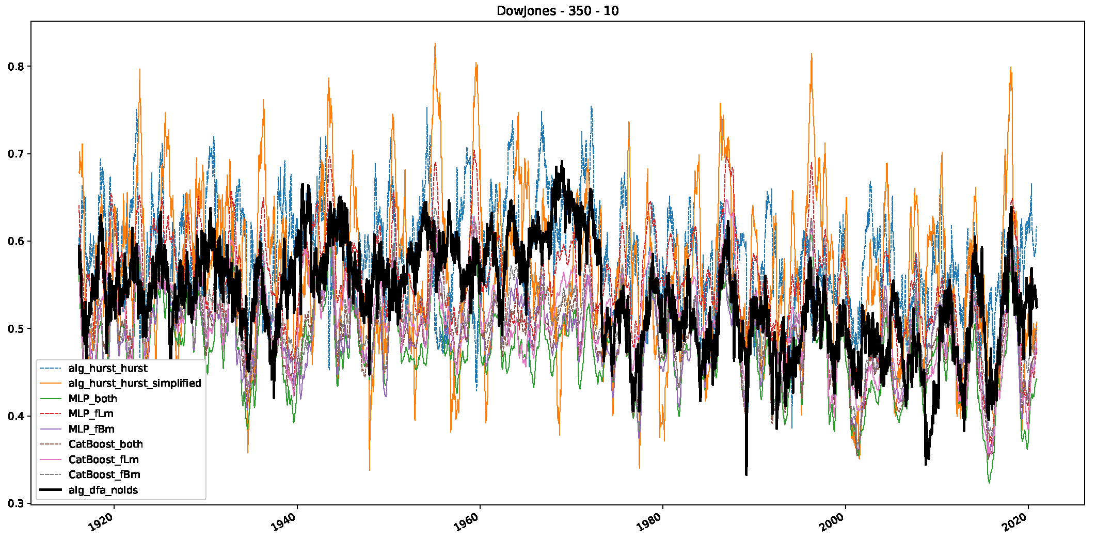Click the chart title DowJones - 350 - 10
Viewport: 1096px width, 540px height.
(558, 11)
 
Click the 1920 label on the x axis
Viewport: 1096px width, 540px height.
(102, 522)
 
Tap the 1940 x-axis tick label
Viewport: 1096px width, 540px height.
(284, 522)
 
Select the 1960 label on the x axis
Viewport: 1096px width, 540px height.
(467, 522)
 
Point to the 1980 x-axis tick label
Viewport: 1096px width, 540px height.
(650, 522)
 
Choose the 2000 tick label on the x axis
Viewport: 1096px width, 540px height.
(833, 522)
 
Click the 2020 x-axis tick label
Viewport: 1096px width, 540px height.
(1016, 522)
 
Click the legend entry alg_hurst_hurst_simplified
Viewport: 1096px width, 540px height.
(135, 383)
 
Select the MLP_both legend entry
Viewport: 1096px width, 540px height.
(93, 399)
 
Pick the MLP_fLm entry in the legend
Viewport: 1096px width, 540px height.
(91, 414)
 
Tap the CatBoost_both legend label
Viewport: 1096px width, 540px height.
(105, 444)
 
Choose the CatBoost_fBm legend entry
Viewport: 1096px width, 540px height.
(104, 474)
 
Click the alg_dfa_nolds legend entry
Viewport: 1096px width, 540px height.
(103, 490)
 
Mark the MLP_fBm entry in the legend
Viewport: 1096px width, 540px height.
(91, 429)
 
